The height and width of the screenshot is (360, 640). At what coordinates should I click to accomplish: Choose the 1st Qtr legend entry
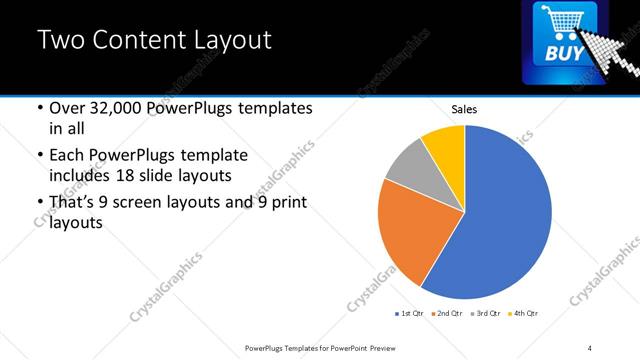click(409, 314)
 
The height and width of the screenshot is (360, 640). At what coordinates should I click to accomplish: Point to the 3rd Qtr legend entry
click(485, 314)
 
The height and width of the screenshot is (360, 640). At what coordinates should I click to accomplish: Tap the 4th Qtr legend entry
click(523, 314)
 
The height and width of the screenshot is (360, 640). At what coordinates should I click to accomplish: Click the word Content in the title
click(140, 41)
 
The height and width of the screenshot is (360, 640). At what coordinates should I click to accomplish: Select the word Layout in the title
click(231, 41)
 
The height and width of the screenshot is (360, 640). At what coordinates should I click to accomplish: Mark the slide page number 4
click(590, 347)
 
